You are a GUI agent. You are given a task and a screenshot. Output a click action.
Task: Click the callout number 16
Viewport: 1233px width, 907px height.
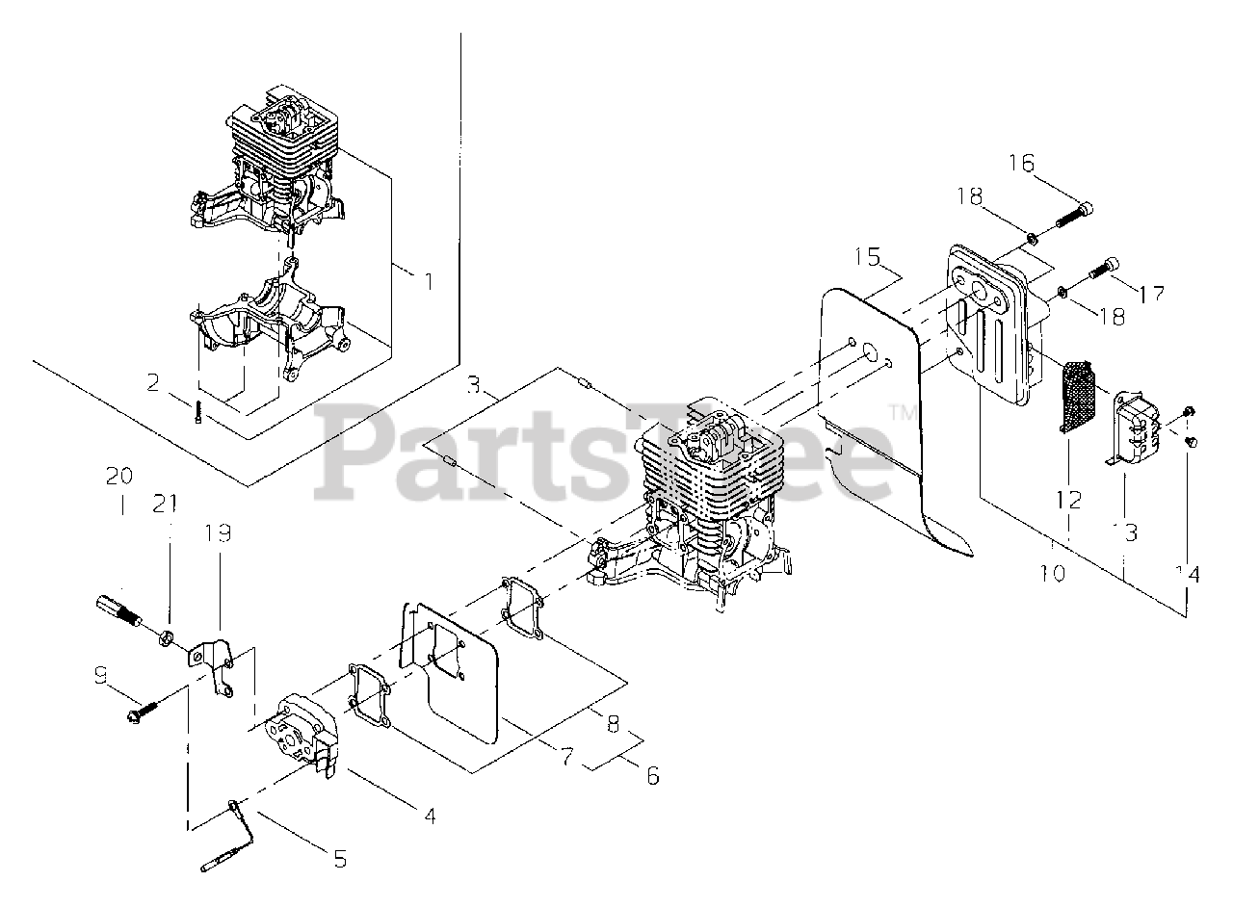(x=1022, y=164)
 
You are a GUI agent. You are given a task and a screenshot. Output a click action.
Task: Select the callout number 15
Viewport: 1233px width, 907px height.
(x=867, y=257)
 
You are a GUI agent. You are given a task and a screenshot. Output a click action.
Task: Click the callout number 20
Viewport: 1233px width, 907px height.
(x=119, y=476)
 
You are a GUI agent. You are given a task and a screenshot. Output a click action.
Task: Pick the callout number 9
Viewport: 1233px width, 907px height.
(x=100, y=675)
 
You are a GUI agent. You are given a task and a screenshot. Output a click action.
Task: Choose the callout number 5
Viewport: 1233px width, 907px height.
(x=338, y=859)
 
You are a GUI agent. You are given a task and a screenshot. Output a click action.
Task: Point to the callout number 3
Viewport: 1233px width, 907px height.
(x=472, y=386)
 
